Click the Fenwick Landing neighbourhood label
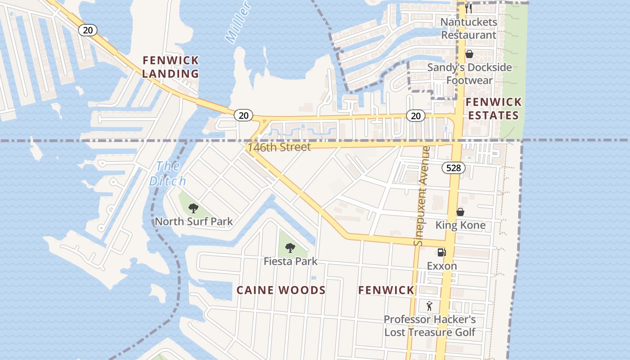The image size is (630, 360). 171,67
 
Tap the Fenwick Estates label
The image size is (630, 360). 493,108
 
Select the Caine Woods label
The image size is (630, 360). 281,290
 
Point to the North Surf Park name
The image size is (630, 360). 194,221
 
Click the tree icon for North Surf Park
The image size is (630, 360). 193,208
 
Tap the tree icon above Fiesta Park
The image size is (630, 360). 290,247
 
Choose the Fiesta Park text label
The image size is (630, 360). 290,261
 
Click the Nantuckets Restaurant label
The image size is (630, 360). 468,28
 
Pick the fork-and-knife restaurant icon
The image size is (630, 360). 468,9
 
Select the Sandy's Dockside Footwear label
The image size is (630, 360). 469,74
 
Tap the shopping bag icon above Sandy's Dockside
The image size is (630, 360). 469,54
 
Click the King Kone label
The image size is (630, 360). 460,225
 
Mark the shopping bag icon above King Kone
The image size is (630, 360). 460,211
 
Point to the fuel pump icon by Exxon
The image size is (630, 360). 441,252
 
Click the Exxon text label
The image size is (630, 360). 442,266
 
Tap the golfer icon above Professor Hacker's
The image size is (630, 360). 429,306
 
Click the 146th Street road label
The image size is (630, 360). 279,147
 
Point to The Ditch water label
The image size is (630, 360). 168,174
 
